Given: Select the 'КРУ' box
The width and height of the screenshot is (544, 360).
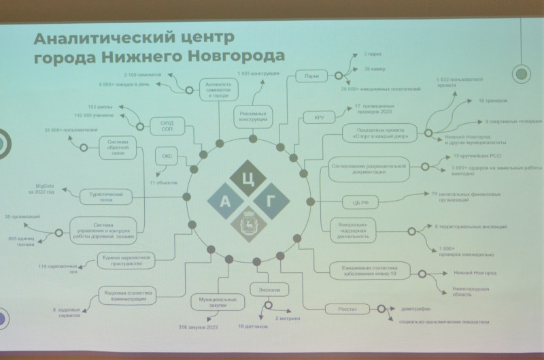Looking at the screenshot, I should [318, 117].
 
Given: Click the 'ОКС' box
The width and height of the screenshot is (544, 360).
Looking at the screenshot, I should [167, 156].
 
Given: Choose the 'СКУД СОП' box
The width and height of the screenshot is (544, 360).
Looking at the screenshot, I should [167, 125].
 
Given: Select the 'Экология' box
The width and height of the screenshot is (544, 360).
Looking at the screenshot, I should [265, 291].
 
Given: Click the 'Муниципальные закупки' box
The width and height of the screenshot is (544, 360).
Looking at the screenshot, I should [218, 302].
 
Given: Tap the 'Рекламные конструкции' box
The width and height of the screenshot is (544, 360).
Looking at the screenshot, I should [252, 115].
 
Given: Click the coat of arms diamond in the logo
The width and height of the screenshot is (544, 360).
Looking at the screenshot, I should [246, 224].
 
